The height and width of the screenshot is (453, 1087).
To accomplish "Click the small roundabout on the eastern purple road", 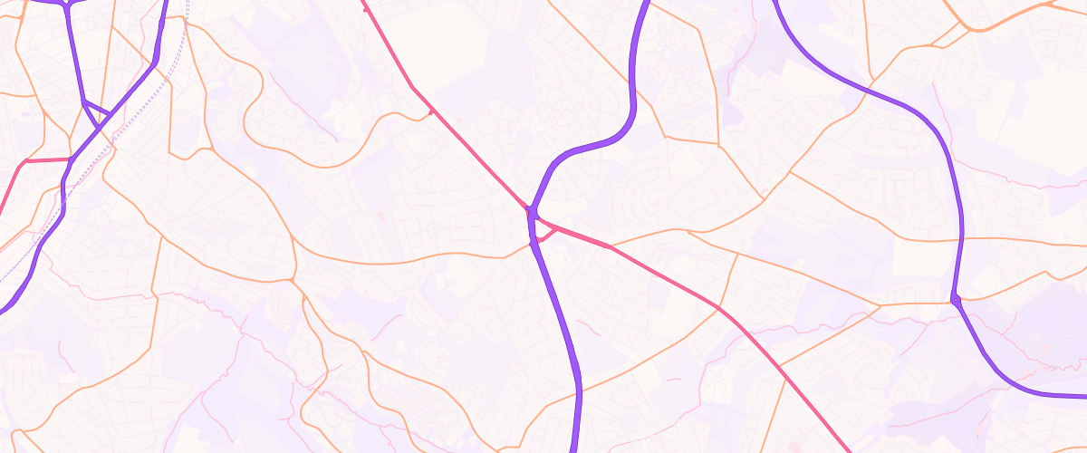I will [956, 299].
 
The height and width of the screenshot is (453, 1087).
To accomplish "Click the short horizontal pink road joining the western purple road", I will [45, 160].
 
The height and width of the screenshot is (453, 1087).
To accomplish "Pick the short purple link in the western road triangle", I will [96, 111].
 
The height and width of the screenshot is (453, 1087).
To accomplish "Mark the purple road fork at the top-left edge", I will [65, 5].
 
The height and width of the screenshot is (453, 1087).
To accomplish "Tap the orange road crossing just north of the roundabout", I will [960, 240].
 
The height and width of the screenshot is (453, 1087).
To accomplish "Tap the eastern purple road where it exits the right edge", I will [1082, 395].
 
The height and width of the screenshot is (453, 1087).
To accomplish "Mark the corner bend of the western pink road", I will [24, 161].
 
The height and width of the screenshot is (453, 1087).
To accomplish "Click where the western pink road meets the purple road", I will [69, 159].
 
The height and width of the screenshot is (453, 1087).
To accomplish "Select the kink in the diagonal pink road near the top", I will [413, 87].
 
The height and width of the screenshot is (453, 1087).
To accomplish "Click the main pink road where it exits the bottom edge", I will [848, 449].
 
